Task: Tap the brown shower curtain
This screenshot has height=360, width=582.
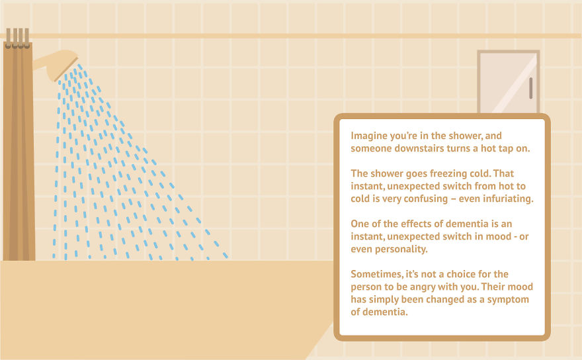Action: click(x=18, y=152)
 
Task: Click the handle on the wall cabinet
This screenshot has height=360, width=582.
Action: click(x=530, y=87)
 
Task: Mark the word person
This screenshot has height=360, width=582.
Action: click(x=366, y=287)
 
